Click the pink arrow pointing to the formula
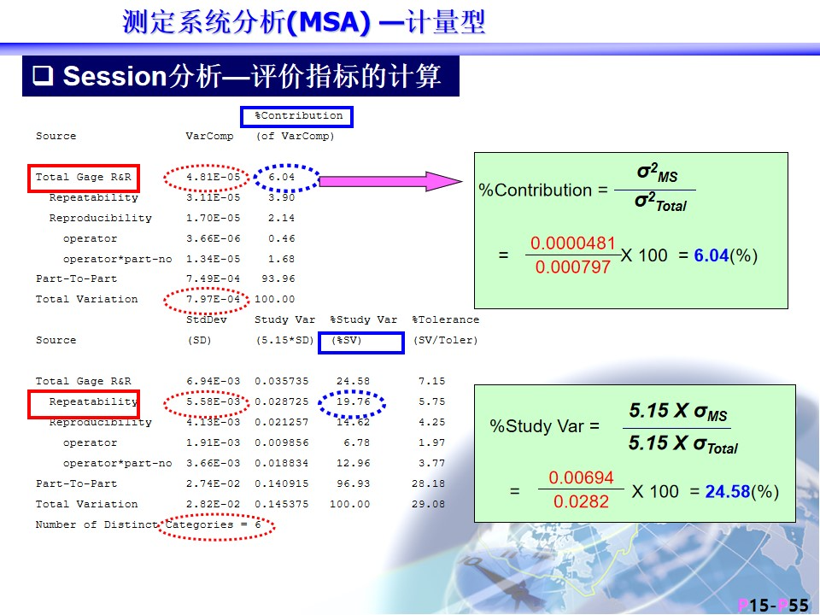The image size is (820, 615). coord(390,181)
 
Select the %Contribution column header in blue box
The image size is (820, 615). coord(299,115)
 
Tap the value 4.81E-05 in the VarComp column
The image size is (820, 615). coord(213,177)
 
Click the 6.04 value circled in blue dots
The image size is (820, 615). coord(281,177)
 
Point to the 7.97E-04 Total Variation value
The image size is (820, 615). coord(213,299)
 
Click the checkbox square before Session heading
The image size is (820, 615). coord(43,75)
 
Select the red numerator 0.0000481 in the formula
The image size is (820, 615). coord(572,243)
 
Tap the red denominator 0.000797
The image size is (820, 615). coord(572,267)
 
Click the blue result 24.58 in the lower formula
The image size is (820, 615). coord(728,492)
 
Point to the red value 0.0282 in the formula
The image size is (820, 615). coord(581,501)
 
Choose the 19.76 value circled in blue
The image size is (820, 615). coord(353,401)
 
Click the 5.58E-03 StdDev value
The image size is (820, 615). coord(213,401)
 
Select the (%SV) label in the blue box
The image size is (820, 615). coord(347,341)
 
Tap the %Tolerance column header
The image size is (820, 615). coord(446,319)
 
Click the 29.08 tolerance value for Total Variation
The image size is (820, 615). coord(428,504)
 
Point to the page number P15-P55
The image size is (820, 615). coord(774,606)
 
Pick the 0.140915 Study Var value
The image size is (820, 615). coord(281,483)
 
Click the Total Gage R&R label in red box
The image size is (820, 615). coord(84,177)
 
